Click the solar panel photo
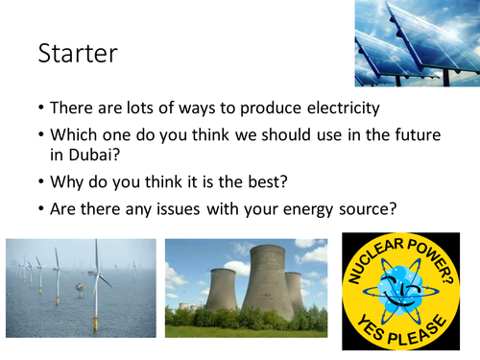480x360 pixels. pyautogui.click(x=415, y=42)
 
